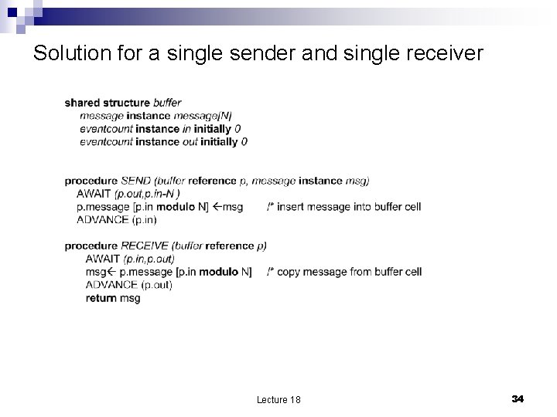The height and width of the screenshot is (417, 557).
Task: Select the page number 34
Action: point(518,398)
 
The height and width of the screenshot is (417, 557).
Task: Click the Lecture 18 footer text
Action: point(278,399)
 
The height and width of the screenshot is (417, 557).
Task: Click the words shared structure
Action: point(108,103)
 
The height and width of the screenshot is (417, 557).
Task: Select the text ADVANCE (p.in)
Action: point(117,220)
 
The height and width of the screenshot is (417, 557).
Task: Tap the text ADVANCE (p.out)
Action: point(129,285)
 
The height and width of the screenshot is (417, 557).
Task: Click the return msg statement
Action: point(113,298)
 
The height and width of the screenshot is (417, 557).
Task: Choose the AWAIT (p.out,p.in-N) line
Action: point(128,194)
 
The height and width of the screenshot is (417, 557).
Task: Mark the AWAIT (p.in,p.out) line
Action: point(130,259)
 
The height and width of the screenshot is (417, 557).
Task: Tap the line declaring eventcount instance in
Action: point(159,129)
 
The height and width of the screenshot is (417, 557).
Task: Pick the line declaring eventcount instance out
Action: point(163,142)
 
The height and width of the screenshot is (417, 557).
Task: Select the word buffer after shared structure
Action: point(168,103)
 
